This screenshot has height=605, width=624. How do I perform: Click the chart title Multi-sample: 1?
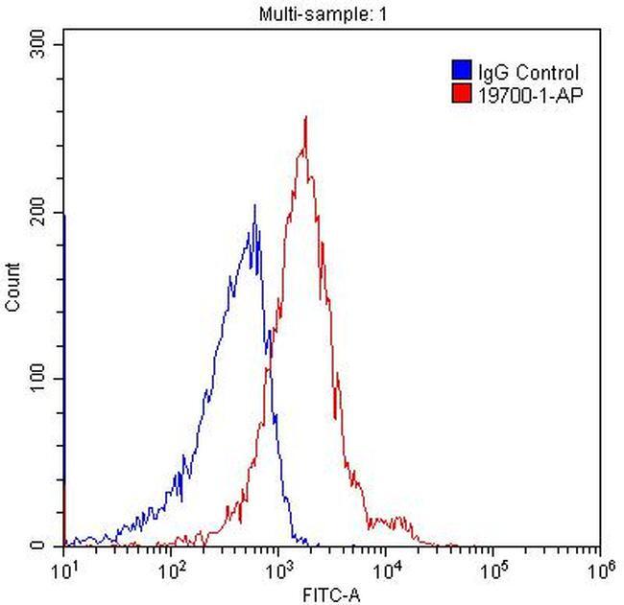[312, 13]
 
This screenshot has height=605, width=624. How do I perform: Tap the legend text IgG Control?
[528, 72]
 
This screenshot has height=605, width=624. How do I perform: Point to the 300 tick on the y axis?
[41, 45]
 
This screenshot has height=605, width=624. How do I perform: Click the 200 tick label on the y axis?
[41, 212]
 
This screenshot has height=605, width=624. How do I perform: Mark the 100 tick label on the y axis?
[41, 379]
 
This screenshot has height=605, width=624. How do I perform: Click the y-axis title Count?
[13, 288]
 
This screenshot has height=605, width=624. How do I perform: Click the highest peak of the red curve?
[305, 118]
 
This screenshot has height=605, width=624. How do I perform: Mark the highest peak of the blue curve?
[254, 205]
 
